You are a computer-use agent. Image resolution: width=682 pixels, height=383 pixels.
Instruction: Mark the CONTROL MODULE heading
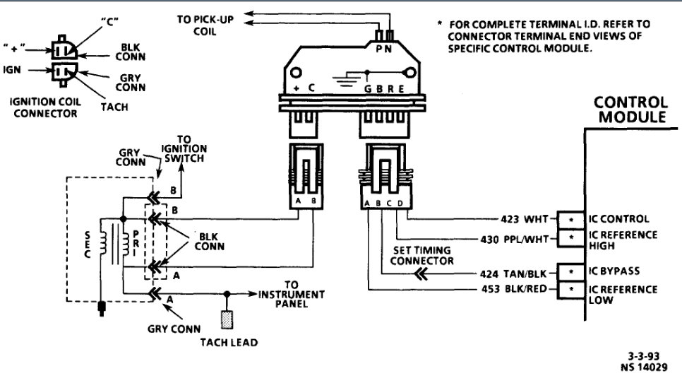631,110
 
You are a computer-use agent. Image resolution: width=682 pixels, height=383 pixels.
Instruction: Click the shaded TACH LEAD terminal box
227,319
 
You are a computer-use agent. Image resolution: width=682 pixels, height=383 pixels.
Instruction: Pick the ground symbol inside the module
344,80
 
